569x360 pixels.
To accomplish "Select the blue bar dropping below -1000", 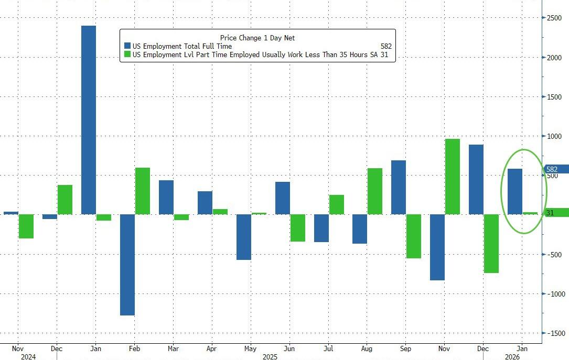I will pos(127,265).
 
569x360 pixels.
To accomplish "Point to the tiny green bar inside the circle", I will pos(530,213).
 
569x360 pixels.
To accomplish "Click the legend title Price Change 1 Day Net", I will pos(257,38).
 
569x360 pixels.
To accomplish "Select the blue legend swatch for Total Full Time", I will pos(126,47).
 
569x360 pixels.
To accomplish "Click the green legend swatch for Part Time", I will pos(126,55).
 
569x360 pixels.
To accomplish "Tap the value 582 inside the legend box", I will pos(386,47).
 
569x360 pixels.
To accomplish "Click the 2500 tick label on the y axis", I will pos(554,18).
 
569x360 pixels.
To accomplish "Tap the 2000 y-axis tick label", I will pos(554,58).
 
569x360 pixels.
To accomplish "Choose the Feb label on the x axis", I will pos(134,348).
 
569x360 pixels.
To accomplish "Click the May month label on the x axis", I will pos(251,348).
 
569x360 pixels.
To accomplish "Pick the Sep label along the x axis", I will pos(405,348).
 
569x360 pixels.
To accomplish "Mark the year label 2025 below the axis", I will pos(270,356).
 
